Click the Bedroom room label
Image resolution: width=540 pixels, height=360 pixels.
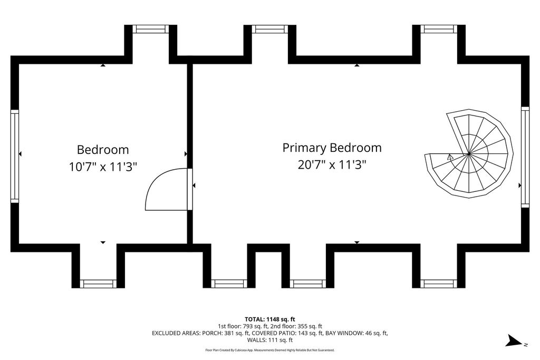(x=103, y=150)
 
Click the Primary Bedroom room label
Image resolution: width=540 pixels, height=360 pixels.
(x=332, y=148)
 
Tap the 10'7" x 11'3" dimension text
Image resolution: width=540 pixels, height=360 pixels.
(x=103, y=167)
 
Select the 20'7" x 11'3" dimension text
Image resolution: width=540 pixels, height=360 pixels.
(x=332, y=165)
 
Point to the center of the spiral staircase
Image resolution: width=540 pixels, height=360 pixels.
(x=469, y=154)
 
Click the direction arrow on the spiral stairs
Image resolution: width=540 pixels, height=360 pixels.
(x=449, y=157)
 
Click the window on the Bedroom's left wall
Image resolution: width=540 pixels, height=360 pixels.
(x=15, y=156)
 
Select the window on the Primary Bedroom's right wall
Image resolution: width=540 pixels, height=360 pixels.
(x=525, y=156)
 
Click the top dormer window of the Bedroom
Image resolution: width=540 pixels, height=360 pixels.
(x=150, y=29)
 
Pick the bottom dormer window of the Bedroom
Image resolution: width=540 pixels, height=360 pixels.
(x=98, y=284)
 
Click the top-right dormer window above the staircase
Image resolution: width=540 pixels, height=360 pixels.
(x=438, y=29)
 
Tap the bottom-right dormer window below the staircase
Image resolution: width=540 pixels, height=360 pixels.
(x=438, y=284)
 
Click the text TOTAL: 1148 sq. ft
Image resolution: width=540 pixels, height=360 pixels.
(x=269, y=319)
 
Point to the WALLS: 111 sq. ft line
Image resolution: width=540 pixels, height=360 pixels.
(x=269, y=340)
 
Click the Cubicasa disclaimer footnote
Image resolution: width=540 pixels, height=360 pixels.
(x=269, y=350)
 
